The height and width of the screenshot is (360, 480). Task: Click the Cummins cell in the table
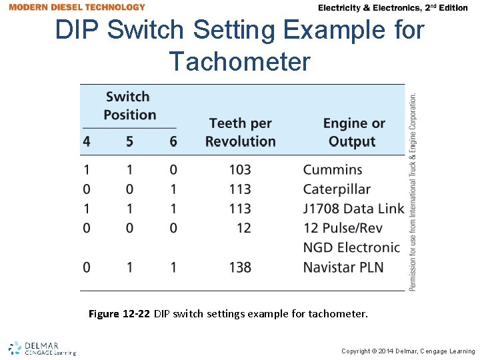(333, 170)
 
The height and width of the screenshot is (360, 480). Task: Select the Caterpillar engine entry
(337, 189)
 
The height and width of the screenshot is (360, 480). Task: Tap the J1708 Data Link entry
(353, 209)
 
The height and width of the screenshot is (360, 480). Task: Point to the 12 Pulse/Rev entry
(343, 228)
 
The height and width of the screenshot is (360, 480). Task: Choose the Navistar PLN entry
(343, 267)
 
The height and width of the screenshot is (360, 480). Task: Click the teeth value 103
(239, 170)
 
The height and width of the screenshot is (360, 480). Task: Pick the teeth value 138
(239, 267)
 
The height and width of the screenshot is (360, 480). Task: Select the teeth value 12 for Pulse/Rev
(244, 228)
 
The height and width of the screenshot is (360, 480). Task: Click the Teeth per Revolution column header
(240, 132)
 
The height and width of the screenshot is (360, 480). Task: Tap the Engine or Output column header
(353, 132)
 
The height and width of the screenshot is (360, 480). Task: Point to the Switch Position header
(129, 105)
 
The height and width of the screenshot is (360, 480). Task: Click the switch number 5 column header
(129, 141)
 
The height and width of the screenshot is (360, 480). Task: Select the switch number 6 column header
(173, 141)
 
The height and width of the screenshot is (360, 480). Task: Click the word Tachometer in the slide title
(240, 62)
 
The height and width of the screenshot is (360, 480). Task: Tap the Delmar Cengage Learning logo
(43, 349)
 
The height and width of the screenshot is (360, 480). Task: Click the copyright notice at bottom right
(408, 351)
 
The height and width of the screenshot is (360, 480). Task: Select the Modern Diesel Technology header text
(77, 7)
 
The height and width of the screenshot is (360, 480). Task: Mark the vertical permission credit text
(413, 192)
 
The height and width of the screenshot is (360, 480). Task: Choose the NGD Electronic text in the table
(351, 247)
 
